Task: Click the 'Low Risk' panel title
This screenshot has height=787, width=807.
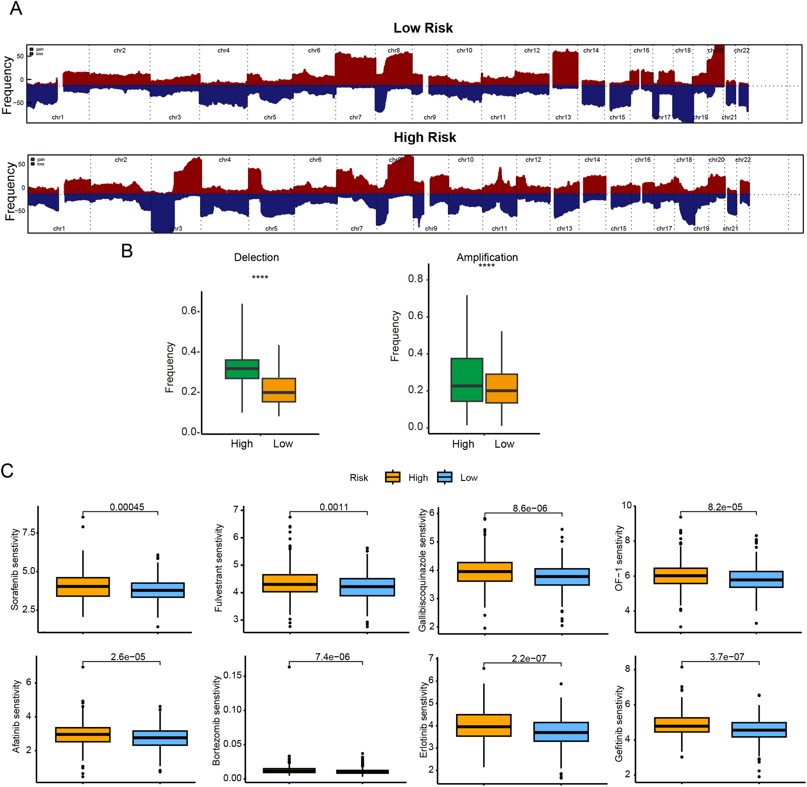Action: click(x=423, y=28)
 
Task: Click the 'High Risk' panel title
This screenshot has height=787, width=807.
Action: click(x=425, y=137)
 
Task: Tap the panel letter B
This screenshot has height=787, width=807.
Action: click(x=127, y=251)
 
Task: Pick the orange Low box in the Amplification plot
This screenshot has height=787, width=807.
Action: click(x=501, y=388)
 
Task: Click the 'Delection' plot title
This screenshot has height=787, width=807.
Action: click(x=256, y=257)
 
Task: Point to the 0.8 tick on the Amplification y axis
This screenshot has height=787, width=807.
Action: click(x=415, y=279)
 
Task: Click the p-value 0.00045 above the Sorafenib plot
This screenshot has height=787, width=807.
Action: click(x=127, y=507)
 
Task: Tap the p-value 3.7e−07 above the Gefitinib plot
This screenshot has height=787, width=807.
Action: click(x=727, y=657)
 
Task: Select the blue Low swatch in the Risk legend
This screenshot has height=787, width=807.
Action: click(x=445, y=477)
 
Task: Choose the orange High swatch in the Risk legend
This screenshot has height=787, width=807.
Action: click(x=392, y=477)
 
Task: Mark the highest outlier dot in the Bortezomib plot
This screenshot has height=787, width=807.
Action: click(x=289, y=667)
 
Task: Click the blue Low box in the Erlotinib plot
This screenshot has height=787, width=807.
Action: click(x=561, y=732)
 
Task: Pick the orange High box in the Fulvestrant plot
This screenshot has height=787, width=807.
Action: click(x=290, y=583)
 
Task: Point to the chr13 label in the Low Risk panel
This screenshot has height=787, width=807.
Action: click(x=563, y=117)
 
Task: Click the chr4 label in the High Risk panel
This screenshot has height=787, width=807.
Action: click(x=225, y=160)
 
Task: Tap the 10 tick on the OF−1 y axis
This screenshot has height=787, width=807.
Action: click(x=627, y=505)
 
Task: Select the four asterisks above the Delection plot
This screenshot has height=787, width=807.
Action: click(x=260, y=277)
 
